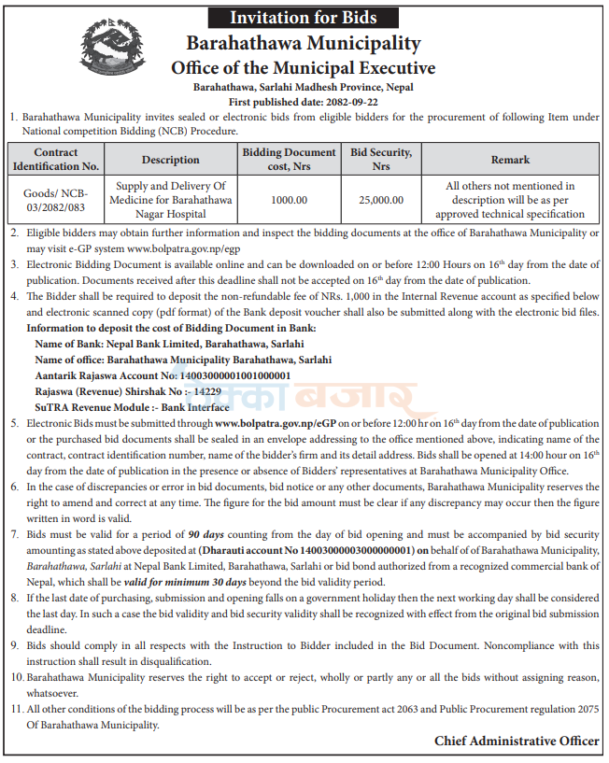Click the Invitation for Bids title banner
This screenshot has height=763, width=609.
304,17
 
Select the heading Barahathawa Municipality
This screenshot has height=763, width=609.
304,43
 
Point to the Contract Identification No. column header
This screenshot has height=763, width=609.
56,160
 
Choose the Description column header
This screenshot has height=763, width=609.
171,160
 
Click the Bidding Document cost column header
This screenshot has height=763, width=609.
289,160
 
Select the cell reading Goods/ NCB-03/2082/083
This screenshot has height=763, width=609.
56,199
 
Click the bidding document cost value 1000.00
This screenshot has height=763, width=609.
289,200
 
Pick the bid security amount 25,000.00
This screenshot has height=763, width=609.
381,200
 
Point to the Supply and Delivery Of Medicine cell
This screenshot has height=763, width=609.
171,200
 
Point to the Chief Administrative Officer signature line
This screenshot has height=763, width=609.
517,741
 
